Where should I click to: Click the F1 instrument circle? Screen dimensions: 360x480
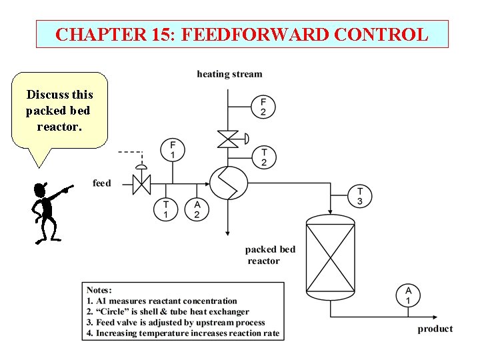pos(173,150)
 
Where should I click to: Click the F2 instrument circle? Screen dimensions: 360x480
pos(263,106)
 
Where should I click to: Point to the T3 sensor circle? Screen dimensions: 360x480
pos(360,196)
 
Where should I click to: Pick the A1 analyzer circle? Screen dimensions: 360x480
pos(408,295)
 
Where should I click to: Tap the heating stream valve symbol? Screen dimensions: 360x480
pos(229,139)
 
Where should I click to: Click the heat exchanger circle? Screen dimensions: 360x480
pos(229,182)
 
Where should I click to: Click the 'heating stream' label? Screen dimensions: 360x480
pos(229,74)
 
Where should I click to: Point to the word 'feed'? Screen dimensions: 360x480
pos(102,183)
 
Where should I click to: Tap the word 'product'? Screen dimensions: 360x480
pos(435,329)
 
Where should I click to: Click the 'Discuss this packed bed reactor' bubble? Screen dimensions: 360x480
pos(59,110)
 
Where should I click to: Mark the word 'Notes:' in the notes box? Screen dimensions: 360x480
pos(99,290)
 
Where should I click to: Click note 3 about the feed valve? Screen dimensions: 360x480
pos(171,322)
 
